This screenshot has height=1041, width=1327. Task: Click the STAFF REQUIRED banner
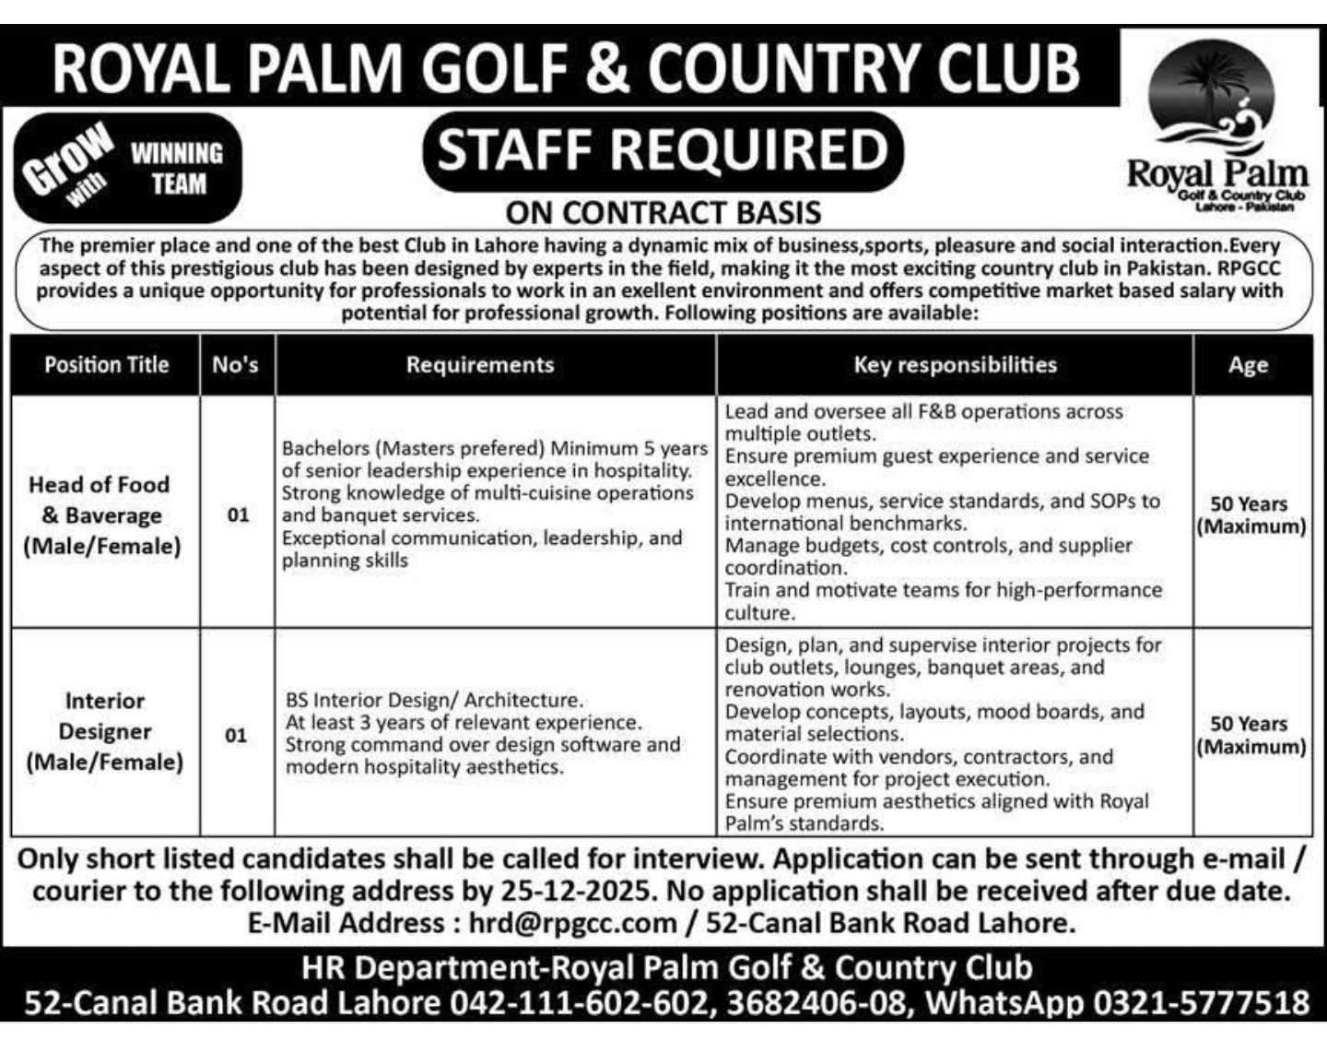point(662,150)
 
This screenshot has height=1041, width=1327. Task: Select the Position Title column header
point(106,365)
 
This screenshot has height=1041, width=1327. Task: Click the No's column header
point(236,365)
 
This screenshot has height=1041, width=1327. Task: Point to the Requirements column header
point(480,365)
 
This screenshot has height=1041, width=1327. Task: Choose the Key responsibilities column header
point(955,365)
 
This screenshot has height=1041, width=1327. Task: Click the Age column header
point(1248,366)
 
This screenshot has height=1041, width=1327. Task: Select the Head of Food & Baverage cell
point(102,515)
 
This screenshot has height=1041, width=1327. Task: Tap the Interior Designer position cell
point(104,731)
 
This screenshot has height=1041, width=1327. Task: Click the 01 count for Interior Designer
point(236,736)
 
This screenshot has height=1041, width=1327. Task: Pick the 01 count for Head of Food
point(238,515)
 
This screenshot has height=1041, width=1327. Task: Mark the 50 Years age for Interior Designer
point(1250,735)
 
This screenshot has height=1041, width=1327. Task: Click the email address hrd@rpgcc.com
point(572,923)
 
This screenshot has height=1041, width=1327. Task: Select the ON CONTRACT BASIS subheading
point(663,213)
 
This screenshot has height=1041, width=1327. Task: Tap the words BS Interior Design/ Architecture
point(434,701)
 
